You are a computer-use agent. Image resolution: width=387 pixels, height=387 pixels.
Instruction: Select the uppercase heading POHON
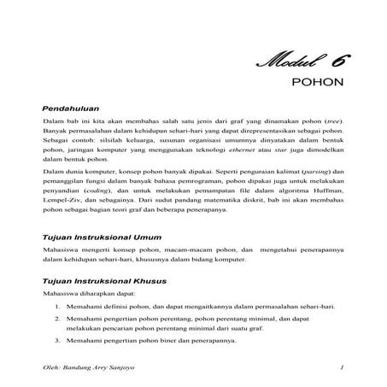click(318, 85)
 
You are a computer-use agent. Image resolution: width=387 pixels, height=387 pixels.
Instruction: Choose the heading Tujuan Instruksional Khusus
click(104, 279)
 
